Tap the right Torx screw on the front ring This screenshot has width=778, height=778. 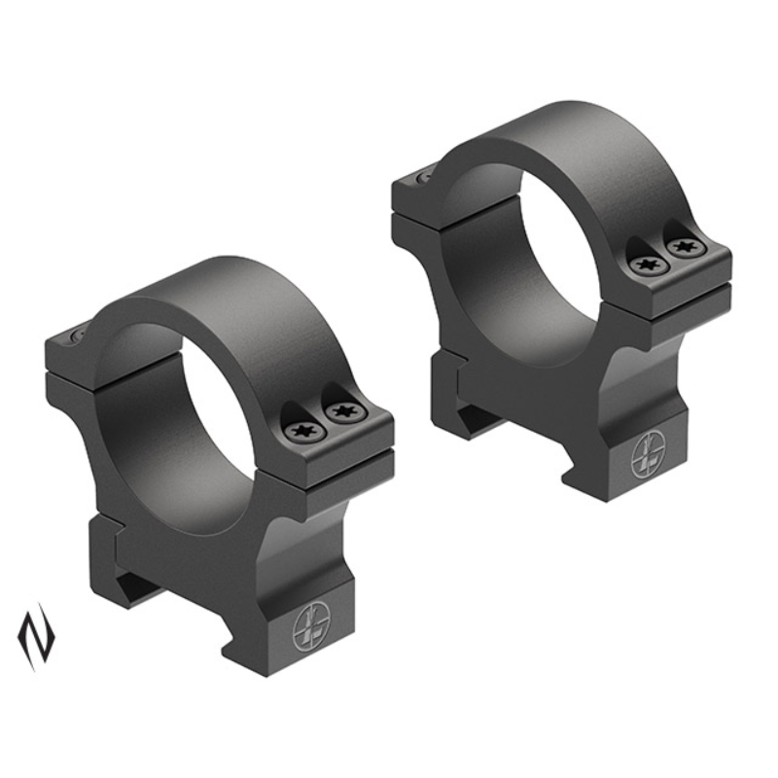[339, 412]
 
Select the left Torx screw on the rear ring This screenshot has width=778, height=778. [643, 264]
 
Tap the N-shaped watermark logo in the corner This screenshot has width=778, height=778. [36, 636]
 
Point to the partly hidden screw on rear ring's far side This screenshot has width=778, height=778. [425, 177]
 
